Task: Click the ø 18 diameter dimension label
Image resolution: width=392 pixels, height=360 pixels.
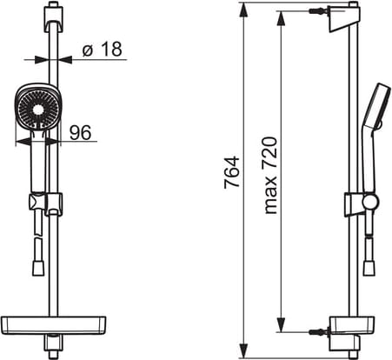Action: [103, 49]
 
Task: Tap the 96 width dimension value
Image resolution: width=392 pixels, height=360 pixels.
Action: [81, 132]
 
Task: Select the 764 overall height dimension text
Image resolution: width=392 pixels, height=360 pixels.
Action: [232, 172]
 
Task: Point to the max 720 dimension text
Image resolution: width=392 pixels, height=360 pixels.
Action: [271, 176]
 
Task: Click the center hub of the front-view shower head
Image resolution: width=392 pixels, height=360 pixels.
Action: [38, 110]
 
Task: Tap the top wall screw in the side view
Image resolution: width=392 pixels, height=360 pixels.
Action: [318, 11]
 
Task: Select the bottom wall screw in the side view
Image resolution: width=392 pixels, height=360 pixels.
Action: [318, 331]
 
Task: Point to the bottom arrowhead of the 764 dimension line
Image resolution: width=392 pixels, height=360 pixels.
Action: [245, 350]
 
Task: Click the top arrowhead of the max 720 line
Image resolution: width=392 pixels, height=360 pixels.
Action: [281, 19]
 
